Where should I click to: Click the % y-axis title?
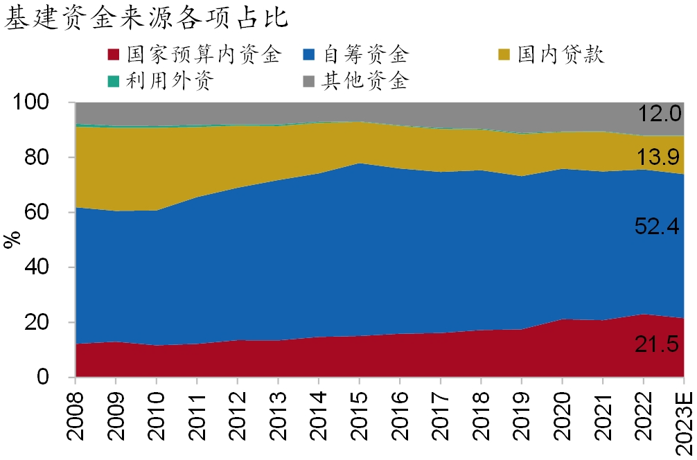[12, 240]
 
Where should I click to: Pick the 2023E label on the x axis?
[683, 418]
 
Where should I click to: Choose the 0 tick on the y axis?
[61, 378]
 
